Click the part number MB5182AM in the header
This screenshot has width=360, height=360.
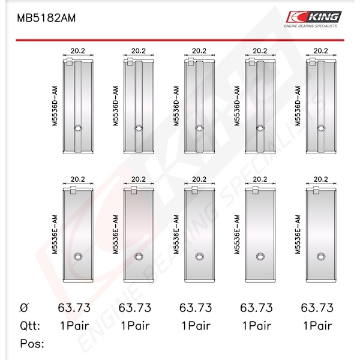pyautogui.click(x=46, y=18)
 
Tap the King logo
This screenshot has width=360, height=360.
pyautogui.click(x=314, y=17)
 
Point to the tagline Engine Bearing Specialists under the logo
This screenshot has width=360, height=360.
pyautogui.click(x=311, y=26)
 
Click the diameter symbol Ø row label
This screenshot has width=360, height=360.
pyautogui.click(x=24, y=308)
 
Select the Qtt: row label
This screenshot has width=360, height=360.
pyautogui.click(x=30, y=326)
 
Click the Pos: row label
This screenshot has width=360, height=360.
pyautogui.click(x=32, y=344)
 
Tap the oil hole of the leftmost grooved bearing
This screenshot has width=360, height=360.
pyautogui.click(x=78, y=128)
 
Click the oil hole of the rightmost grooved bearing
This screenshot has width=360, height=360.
pyautogui.click(x=321, y=128)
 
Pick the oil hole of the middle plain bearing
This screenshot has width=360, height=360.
pyautogui.click(x=200, y=256)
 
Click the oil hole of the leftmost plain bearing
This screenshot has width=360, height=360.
pyautogui.click(x=78, y=256)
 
